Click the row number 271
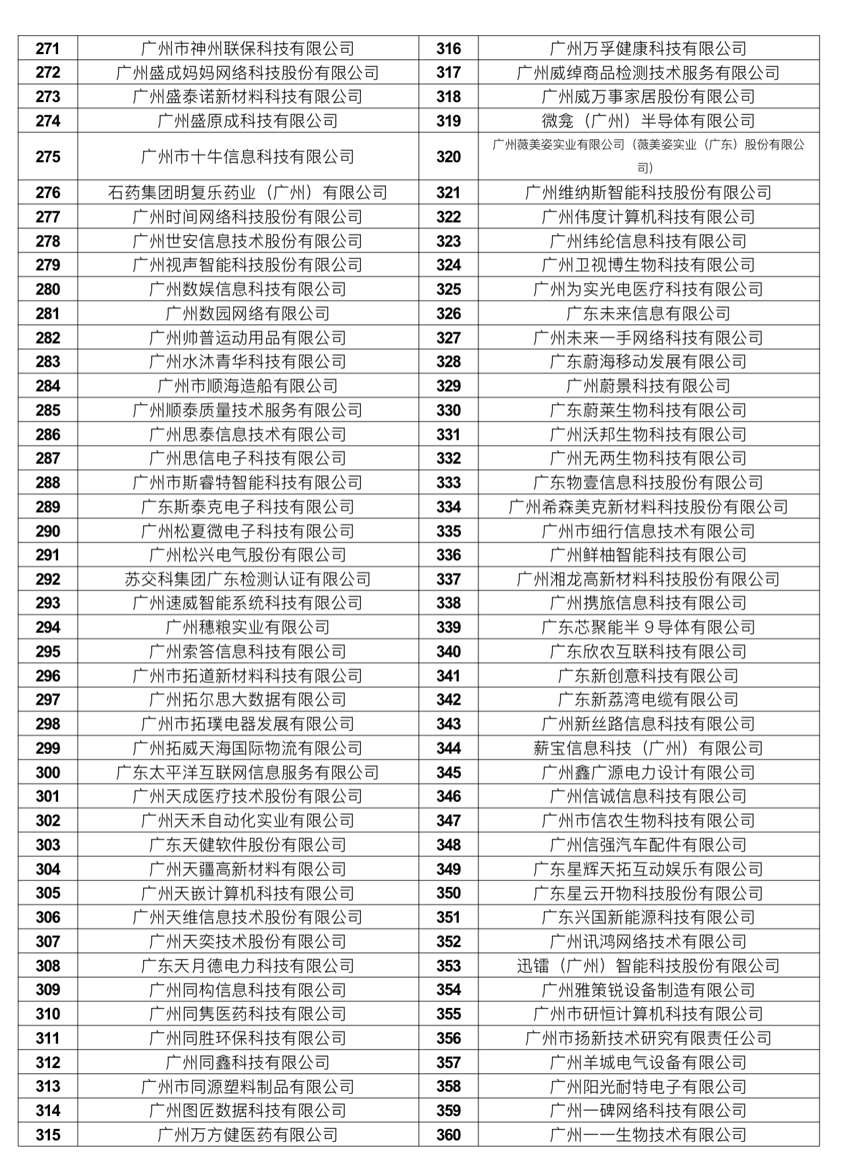47,49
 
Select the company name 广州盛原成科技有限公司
247,121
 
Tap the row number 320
448,157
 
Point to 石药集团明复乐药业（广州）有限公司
247,193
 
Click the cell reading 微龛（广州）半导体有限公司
648,121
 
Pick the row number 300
47,773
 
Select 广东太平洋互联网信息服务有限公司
247,773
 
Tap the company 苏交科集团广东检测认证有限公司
247,580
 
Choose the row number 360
448,1135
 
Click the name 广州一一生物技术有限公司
648,1135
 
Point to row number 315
47,1135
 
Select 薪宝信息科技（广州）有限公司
648,749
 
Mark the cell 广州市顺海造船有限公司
247,386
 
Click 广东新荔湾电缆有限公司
648,700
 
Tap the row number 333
448,483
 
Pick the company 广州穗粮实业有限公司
247,628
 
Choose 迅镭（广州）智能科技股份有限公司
648,966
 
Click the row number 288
47,483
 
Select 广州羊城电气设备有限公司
648,1063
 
